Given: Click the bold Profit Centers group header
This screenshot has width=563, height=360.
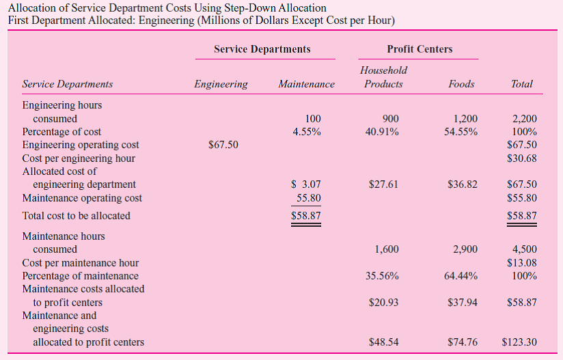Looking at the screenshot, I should tap(420, 49).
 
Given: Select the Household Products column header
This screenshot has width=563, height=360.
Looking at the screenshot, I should tap(383, 77).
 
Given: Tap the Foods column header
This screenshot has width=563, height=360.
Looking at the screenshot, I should tap(461, 84).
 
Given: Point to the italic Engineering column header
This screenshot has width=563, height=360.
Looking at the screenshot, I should tap(221, 84).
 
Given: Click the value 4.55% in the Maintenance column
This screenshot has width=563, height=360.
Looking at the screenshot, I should tap(307, 132).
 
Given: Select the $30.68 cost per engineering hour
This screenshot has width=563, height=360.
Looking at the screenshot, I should tap(522, 158).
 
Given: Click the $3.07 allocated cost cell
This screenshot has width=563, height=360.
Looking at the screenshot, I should tap(305, 184).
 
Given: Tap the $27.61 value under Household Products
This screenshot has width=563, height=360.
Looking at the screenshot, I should tap(383, 184).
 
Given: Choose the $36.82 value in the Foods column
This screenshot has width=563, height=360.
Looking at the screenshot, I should tap(463, 184).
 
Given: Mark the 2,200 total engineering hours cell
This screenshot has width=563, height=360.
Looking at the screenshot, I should tap(523, 119).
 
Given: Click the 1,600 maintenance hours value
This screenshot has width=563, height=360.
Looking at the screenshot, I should tap(387, 250).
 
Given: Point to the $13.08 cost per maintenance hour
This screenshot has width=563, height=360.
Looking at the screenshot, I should tap(522, 263).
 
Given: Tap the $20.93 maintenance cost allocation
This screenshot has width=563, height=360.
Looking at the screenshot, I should tap(383, 303).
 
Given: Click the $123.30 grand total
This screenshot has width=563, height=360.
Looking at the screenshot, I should tap(519, 342).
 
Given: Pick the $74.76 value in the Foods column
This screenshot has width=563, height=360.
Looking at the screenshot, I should tap(463, 342).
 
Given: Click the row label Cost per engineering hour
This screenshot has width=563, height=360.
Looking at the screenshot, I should tap(79, 158).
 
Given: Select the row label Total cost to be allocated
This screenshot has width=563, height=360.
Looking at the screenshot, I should tap(77, 216).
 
